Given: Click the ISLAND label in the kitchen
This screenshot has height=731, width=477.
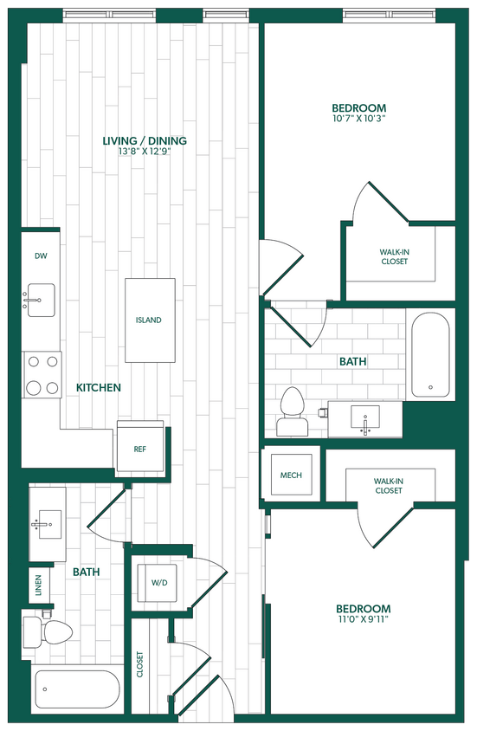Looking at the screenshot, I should [x=148, y=320].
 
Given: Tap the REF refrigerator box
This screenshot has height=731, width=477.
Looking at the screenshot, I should [x=139, y=450].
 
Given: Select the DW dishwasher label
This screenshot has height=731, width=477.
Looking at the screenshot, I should [x=41, y=256].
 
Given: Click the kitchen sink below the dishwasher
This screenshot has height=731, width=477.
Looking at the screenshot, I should [x=40, y=301].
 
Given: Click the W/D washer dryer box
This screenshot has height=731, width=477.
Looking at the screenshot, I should [x=159, y=583].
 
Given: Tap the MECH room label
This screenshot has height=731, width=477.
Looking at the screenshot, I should [x=290, y=476].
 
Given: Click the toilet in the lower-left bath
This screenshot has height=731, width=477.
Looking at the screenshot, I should [x=44, y=632].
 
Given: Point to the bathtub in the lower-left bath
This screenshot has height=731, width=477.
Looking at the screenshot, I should [x=76, y=690].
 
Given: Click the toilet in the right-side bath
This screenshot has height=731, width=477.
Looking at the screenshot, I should [x=292, y=411].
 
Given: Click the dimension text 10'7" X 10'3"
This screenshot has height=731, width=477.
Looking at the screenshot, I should [x=358, y=119].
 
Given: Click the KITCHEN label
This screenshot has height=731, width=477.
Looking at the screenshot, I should [x=98, y=388].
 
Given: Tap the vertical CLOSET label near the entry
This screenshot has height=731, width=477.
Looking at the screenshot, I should [x=139, y=664].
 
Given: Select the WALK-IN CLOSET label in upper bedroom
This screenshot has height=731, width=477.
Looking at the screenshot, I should [x=394, y=256].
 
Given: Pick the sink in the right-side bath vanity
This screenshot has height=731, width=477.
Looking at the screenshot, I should [x=364, y=418].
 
